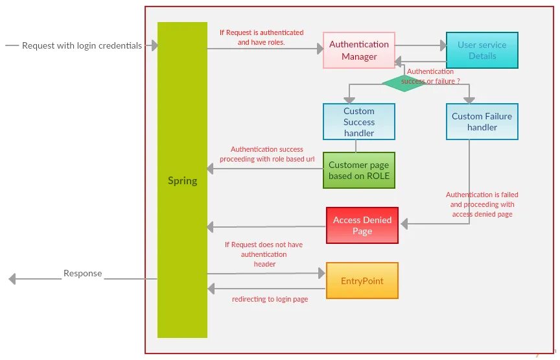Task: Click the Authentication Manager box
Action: pyautogui.click(x=359, y=51)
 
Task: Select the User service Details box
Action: pyautogui.click(x=482, y=51)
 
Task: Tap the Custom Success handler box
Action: pyautogui.click(x=358, y=122)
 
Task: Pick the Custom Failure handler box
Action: pyautogui.click(x=482, y=121)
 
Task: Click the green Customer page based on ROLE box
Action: pyautogui.click(x=358, y=171)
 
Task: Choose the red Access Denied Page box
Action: pyautogui.click(x=362, y=225)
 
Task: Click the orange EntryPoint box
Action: pyautogui.click(x=362, y=281)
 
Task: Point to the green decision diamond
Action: pyautogui.click(x=403, y=83)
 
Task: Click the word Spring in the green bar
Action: pyautogui.click(x=182, y=180)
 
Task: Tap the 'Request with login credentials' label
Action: pyautogui.click(x=82, y=45)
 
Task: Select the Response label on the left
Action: pyautogui.click(x=82, y=274)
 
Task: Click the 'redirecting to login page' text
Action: pyautogui.click(x=270, y=299)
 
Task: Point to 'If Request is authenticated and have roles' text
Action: pyautogui.click(x=261, y=37)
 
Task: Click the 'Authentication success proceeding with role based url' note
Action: pyautogui.click(x=266, y=154)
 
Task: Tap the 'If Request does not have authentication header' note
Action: pyautogui.click(x=263, y=254)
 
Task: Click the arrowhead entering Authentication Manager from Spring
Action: pyautogui.click(x=319, y=49)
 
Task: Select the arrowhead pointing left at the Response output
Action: pyautogui.click(x=12, y=279)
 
